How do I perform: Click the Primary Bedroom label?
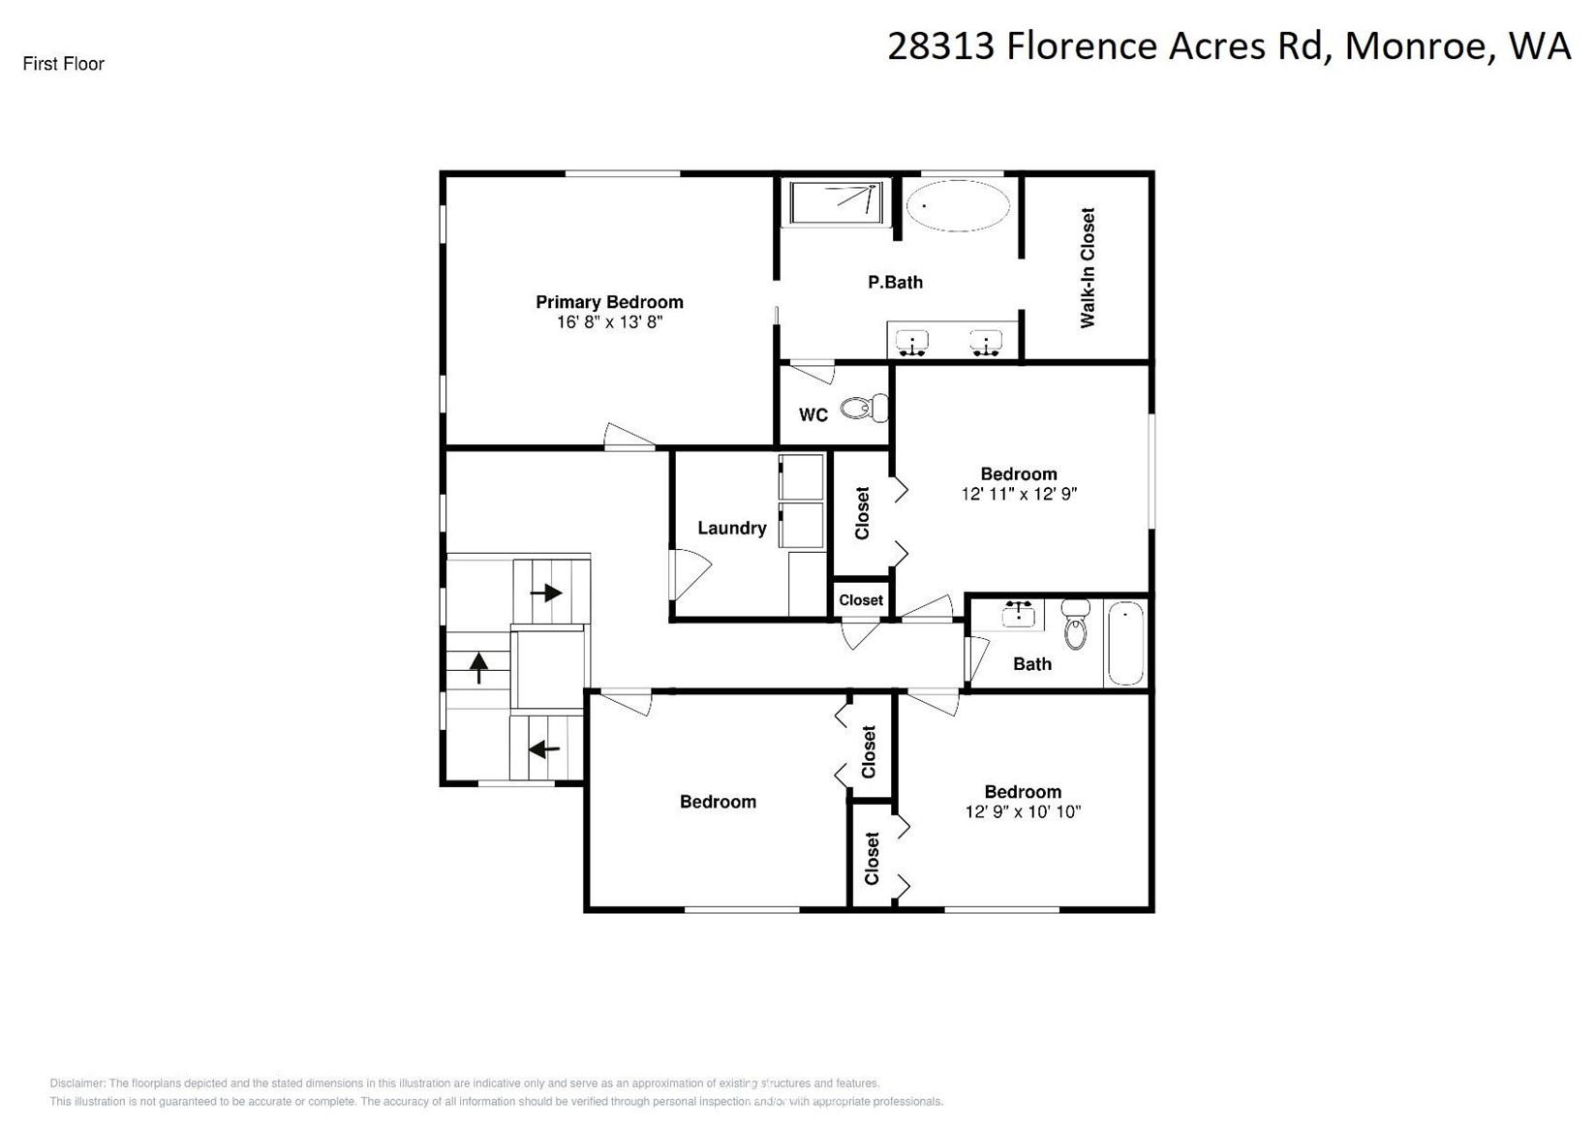click(609, 302)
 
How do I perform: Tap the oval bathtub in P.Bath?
click(957, 205)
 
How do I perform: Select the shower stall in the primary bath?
click(835, 204)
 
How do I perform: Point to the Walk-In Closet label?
click(1088, 268)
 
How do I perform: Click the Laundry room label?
click(732, 528)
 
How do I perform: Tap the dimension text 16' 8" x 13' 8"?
click(609, 322)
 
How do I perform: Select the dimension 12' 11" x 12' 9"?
click(1019, 494)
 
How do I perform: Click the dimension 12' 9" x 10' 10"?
click(1023, 812)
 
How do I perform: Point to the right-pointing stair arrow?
click(547, 593)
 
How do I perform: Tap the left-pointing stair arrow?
click(544, 748)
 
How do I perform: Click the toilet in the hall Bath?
click(1075, 625)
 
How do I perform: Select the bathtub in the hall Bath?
click(1125, 643)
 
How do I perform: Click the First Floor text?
click(64, 64)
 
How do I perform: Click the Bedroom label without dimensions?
click(718, 802)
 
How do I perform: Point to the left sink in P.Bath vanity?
click(912, 342)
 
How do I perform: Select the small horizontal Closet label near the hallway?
click(861, 600)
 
